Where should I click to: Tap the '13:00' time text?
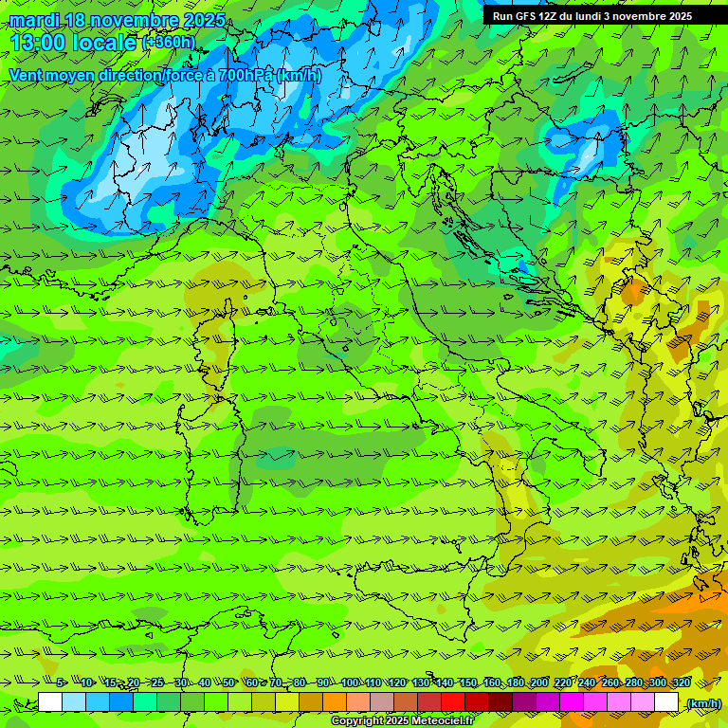[39, 43]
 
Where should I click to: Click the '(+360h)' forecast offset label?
[169, 43]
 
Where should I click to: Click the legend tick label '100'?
[350, 682]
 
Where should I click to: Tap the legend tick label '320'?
[681, 682]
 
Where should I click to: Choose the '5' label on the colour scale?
[60, 682]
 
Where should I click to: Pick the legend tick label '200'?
[539, 682]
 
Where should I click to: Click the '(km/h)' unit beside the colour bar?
[703, 703]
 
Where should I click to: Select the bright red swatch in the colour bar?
[453, 702]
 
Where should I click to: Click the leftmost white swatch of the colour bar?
[50, 702]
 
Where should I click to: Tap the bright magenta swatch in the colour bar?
[572, 702]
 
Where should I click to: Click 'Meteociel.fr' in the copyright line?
[449, 721]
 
